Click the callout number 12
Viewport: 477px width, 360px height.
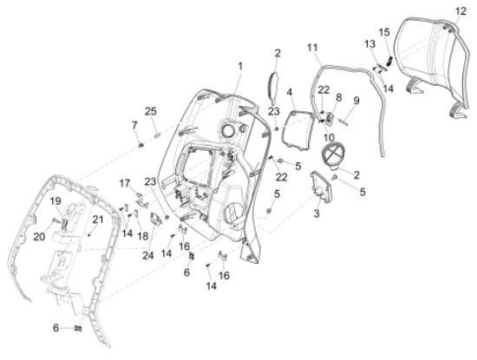pyautogui.click(x=461, y=11)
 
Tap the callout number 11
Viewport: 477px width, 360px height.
pyautogui.click(x=312, y=48)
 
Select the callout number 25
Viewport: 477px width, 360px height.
pyautogui.click(x=151, y=111)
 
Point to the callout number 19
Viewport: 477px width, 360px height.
pyautogui.click(x=56, y=201)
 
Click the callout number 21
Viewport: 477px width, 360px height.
pyautogui.click(x=98, y=219)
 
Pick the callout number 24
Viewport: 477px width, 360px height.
pyautogui.click(x=148, y=256)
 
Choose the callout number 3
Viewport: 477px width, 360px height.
pyautogui.click(x=317, y=213)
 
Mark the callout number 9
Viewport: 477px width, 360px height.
pyautogui.click(x=356, y=101)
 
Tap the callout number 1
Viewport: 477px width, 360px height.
pyautogui.click(x=240, y=66)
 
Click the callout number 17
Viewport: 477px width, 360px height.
pyautogui.click(x=125, y=184)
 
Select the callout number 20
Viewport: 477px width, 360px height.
pyautogui.click(x=39, y=237)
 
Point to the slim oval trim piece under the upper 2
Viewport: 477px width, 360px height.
pyautogui.click(x=272, y=87)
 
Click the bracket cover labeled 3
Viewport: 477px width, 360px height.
pyautogui.click(x=321, y=187)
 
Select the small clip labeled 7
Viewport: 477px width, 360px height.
pyautogui.click(x=140, y=146)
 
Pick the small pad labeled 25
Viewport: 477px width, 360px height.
pyautogui.click(x=157, y=135)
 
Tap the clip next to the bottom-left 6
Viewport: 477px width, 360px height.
pyautogui.click(x=78, y=329)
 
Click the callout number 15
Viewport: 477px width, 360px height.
pyautogui.click(x=384, y=32)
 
